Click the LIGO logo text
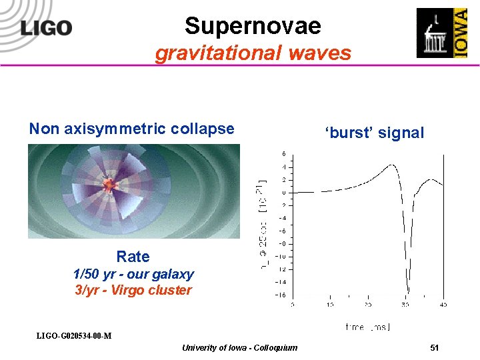(46, 28)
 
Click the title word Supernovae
(253, 26)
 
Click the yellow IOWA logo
(460, 33)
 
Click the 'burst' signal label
(374, 133)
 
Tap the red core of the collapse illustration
(111, 183)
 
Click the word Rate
(133, 257)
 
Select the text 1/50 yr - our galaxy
(133, 274)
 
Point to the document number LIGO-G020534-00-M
(73, 335)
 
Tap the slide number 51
(434, 347)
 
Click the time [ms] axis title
(367, 327)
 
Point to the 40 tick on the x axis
(443, 305)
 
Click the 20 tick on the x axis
(367, 305)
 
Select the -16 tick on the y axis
(281, 294)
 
